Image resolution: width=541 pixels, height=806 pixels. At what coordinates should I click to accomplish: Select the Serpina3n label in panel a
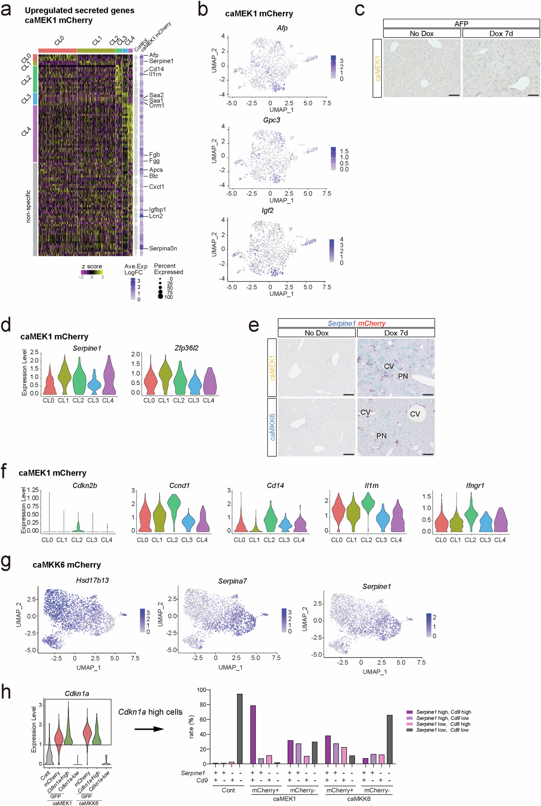pyautogui.click(x=163, y=248)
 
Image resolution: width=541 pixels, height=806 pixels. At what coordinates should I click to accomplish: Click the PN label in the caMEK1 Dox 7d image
pyautogui.click(x=403, y=376)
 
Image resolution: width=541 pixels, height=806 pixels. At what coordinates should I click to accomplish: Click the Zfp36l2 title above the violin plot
pyautogui.click(x=186, y=348)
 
